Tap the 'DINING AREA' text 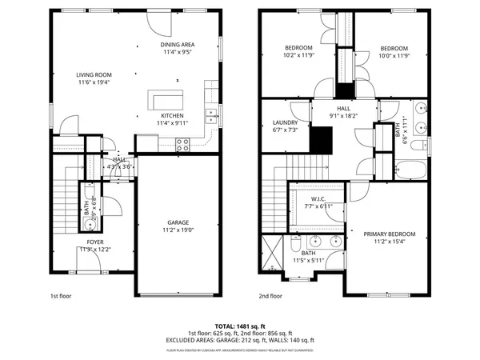pos(178,45)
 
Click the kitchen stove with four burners pos(182,144)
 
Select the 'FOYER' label pos(95,241)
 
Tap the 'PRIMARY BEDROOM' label pos(389,234)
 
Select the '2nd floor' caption pos(270,295)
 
